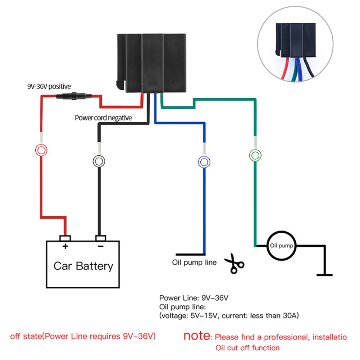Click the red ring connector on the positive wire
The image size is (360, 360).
point(41,145)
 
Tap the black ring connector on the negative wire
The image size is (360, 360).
point(99,156)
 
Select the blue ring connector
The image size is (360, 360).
point(204,156)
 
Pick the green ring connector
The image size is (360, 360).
point(255,150)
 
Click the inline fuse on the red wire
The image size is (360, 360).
point(74,96)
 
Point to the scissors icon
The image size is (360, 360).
point(234,264)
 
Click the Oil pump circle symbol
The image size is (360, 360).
point(282,232)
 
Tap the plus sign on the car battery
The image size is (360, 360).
point(65,246)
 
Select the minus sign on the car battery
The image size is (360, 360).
point(101,246)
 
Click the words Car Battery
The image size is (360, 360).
point(83,266)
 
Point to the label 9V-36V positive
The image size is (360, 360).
point(49,86)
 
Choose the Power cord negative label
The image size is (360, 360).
point(103,118)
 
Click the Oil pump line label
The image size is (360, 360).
point(194,262)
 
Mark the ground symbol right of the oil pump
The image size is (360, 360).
point(325,275)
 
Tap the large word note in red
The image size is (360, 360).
point(197,336)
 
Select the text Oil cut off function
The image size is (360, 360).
point(247,348)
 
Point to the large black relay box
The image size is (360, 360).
point(151,63)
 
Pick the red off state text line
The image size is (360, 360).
point(83,336)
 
